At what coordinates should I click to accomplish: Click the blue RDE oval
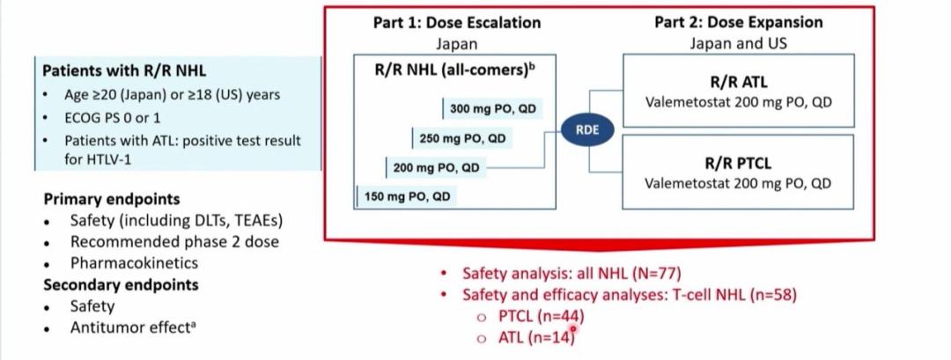587,129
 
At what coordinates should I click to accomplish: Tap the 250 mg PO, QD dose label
462,138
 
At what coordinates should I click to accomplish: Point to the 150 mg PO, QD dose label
407,196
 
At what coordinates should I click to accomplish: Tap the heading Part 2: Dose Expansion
738,22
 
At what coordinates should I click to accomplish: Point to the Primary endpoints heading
111,199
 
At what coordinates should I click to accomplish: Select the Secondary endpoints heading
121,284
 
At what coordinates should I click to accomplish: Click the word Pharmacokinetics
134,262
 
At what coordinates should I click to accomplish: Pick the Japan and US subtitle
738,42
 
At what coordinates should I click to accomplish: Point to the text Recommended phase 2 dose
174,241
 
